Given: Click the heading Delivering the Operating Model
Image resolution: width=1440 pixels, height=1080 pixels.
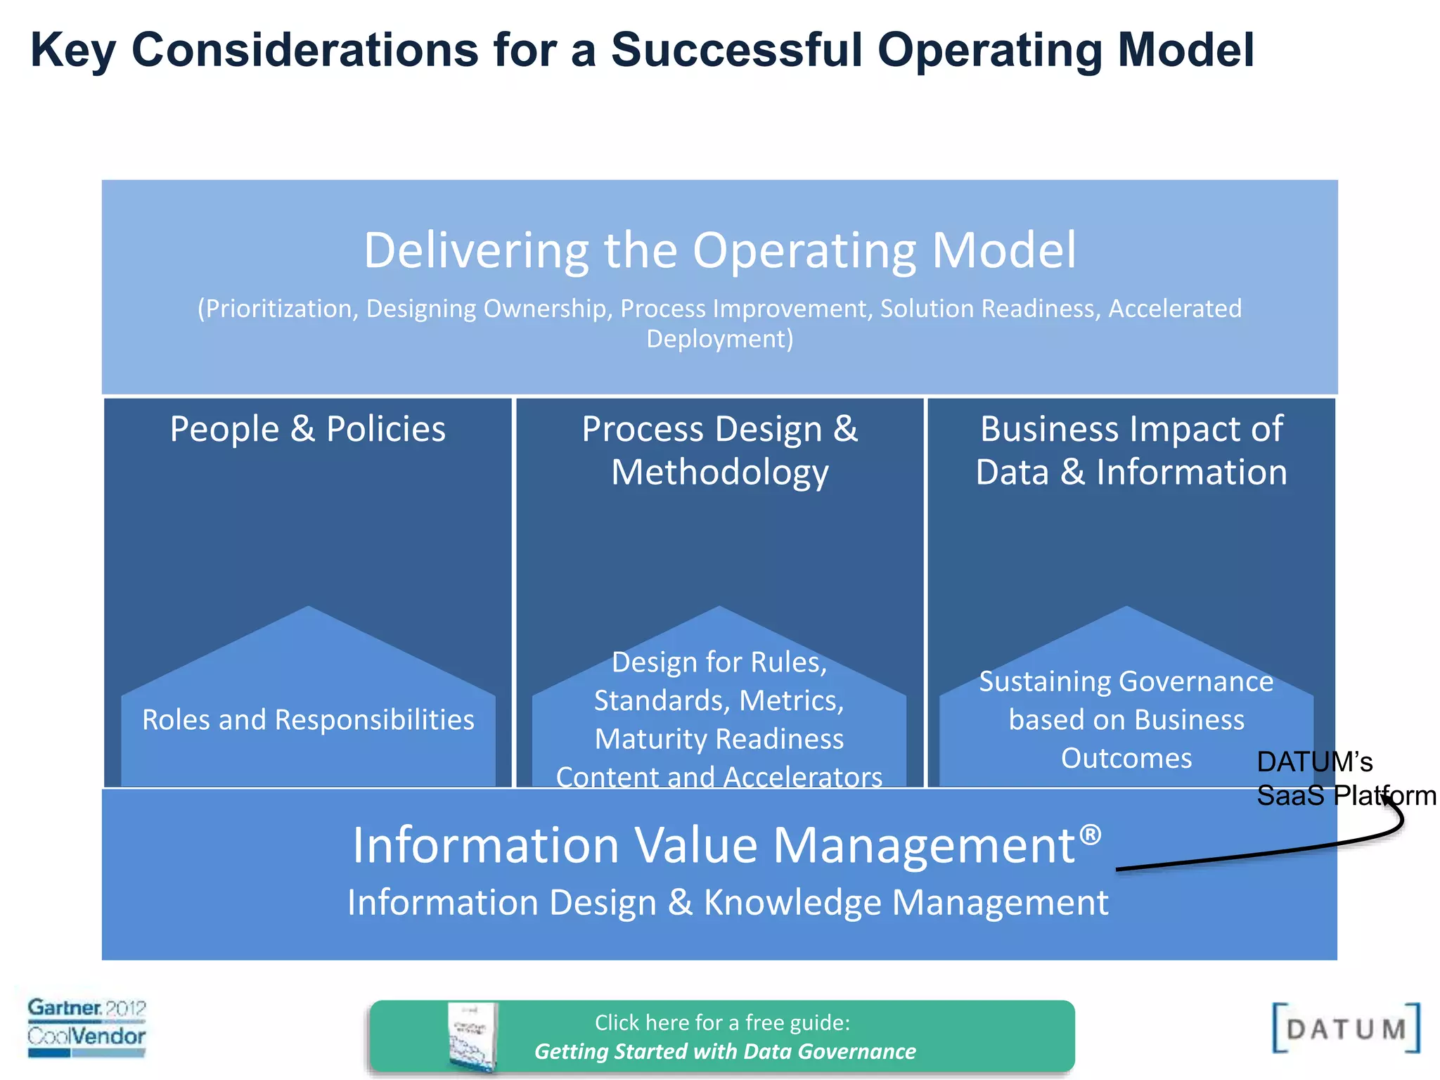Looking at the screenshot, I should tap(719, 250).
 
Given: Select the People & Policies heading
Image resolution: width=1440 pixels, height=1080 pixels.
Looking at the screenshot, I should tap(308, 429).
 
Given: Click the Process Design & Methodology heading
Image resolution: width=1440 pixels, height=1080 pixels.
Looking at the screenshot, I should tap(719, 450).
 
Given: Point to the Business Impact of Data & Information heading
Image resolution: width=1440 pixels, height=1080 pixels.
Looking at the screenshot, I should tap(1131, 450).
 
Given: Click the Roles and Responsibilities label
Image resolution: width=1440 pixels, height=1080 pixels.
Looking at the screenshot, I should tap(308, 720).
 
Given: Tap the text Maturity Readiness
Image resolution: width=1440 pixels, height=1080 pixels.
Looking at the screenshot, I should tap(719, 739).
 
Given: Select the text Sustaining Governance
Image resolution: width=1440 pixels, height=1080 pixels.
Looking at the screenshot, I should tap(1126, 681).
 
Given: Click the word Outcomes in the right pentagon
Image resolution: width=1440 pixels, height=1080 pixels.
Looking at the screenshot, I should tap(1126, 758).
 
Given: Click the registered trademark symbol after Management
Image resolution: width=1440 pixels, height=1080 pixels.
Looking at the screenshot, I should tap(1090, 835).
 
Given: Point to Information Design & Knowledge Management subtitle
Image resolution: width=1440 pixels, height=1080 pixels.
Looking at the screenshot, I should tap(728, 902).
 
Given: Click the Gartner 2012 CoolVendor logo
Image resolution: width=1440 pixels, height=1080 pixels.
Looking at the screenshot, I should tap(86, 1027).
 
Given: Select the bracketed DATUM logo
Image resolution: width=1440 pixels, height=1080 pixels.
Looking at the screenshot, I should tap(1345, 1029).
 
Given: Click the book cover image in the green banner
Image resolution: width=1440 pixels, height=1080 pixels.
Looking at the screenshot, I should tap(472, 1037).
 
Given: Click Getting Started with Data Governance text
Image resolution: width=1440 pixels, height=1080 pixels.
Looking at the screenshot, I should tap(725, 1051).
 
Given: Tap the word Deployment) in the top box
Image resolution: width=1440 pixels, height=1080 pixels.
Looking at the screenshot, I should tap(719, 339).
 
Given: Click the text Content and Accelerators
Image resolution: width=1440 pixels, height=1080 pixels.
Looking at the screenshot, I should tap(719, 777).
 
